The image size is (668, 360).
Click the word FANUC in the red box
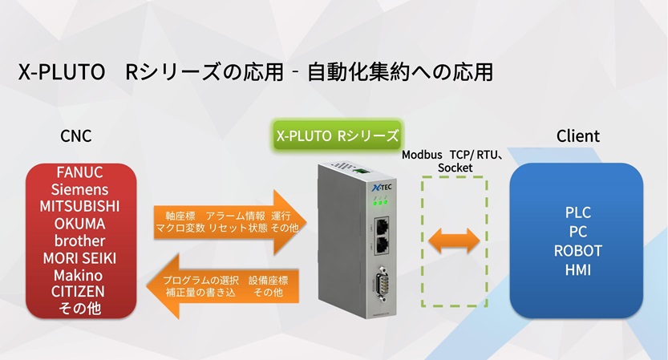[79, 172]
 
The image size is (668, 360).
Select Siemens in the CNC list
[79, 189]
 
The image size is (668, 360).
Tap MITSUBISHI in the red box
[79, 207]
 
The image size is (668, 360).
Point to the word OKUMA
[79, 224]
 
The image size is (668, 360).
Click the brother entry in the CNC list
[79, 241]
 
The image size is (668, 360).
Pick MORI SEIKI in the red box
[79, 258]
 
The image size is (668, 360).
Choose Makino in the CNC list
[79, 275]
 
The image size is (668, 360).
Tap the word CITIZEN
[79, 292]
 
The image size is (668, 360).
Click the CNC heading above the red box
[76, 136]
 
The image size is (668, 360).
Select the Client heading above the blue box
[578, 136]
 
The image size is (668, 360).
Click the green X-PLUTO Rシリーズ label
[338, 136]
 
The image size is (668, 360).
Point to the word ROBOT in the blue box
[578, 251]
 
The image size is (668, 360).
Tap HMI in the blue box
[578, 270]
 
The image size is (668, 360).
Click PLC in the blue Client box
[578, 212]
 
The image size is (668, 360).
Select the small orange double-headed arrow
[454, 241]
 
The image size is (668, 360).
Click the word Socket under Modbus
[455, 168]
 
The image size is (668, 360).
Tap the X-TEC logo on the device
[382, 187]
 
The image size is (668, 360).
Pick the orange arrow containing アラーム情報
[230, 222]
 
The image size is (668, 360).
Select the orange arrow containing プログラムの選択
[222, 286]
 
